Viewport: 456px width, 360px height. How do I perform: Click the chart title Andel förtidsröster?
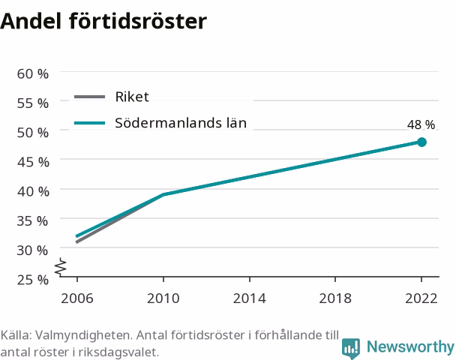tap(103, 21)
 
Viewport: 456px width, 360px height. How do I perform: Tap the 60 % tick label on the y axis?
tap(32, 73)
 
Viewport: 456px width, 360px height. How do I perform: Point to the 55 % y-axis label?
tap(32, 103)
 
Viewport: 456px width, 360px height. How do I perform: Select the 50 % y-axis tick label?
tap(32, 133)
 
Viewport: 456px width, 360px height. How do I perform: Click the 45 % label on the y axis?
tap(33, 162)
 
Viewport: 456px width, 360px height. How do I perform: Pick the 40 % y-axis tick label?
tap(33, 192)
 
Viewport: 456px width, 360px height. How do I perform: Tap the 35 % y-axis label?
tap(32, 221)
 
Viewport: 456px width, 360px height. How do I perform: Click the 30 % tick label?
tap(32, 250)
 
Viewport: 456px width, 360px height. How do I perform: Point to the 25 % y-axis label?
tap(32, 280)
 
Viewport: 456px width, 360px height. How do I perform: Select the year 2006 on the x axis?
tap(77, 298)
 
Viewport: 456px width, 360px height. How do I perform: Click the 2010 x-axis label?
tap(163, 298)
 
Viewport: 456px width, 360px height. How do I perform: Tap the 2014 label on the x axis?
tap(250, 298)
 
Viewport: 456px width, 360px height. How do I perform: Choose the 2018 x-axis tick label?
tap(335, 298)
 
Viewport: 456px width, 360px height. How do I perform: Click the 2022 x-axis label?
tap(421, 298)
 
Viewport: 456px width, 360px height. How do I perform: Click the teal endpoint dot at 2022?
tap(421, 142)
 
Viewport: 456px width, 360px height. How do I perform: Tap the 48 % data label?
tap(421, 124)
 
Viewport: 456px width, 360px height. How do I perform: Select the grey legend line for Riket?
tap(89, 97)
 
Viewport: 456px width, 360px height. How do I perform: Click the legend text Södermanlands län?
tap(181, 123)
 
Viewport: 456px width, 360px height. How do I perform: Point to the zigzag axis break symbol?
tap(61, 267)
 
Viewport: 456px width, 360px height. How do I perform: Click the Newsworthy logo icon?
tap(351, 348)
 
